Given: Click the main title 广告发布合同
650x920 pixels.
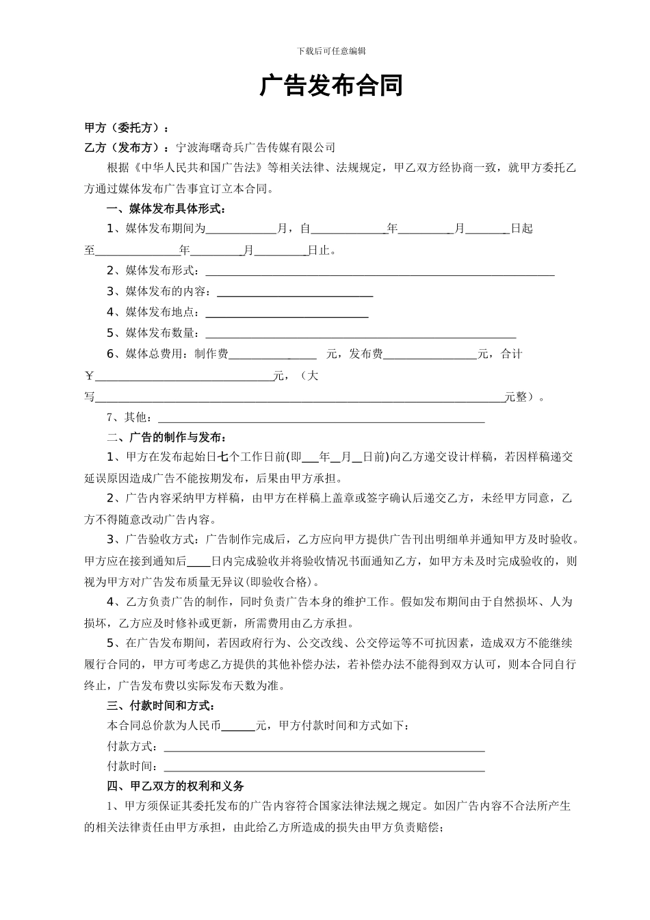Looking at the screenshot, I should [x=331, y=86].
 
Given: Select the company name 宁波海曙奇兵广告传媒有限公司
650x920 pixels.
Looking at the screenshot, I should [x=255, y=147].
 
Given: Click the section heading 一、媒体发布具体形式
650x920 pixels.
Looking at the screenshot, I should [x=166, y=209].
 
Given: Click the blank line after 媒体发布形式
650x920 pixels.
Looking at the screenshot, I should [x=380, y=272].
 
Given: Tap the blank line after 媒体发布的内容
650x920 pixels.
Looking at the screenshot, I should [x=294, y=293].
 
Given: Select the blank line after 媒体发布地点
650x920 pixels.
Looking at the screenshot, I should [x=287, y=314].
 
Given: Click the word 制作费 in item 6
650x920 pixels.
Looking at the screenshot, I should [x=211, y=355].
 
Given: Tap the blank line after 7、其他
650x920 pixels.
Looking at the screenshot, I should [x=322, y=418].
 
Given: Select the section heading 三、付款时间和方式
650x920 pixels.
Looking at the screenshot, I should [x=162, y=706].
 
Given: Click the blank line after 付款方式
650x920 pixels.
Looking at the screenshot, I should [x=324, y=747].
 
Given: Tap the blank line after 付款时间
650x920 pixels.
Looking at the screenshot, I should [x=324, y=767].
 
